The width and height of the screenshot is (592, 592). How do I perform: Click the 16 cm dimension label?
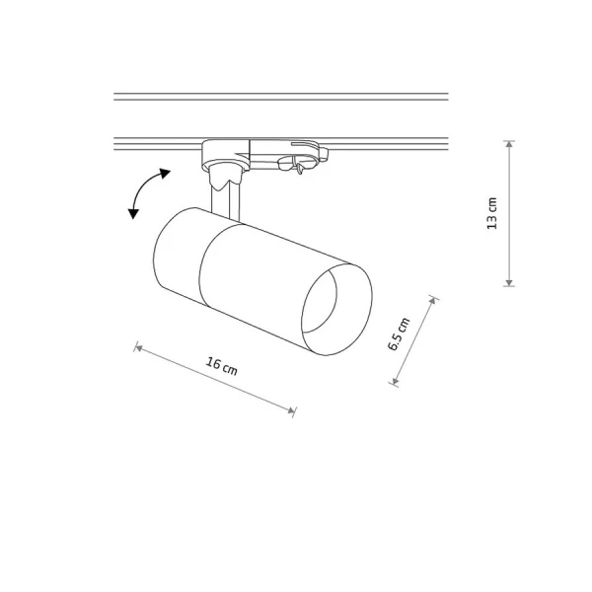[x=222, y=367]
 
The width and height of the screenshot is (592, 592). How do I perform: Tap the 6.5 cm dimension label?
[x=399, y=334]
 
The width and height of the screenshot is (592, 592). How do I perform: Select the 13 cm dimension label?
[x=492, y=213]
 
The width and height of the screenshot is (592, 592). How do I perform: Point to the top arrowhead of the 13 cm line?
[x=510, y=144]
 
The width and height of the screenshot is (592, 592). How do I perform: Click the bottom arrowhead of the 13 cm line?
[x=509, y=283]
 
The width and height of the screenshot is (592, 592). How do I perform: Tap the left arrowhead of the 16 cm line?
[x=138, y=347]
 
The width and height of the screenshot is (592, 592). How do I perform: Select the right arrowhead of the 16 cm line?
[x=291, y=410]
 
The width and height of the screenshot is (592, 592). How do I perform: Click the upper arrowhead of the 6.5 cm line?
[x=433, y=301]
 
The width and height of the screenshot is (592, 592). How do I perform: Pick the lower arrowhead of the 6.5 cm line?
[x=395, y=381]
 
